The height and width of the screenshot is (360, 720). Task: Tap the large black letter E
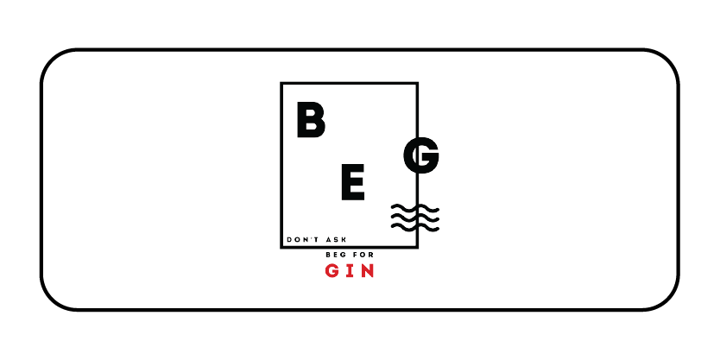[351, 183]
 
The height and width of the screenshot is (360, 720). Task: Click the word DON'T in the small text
[301, 240]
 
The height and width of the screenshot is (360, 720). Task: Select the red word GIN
[350, 272]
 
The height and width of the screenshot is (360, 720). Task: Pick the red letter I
[350, 272]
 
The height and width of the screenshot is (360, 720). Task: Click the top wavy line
[414, 209]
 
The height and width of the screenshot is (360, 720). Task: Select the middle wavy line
[414, 218]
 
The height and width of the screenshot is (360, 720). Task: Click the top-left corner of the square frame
[282, 84]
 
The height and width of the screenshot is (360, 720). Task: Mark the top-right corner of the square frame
[417, 84]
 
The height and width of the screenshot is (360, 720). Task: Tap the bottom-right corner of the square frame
[417, 247]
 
